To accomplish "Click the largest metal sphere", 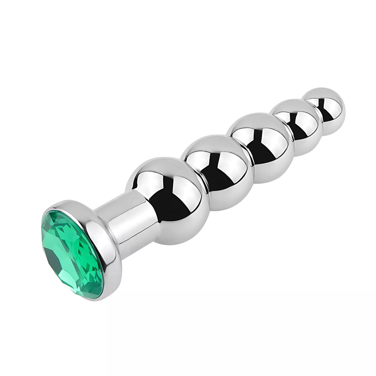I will (x=168, y=200).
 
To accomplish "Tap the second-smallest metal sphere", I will (x=296, y=126).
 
